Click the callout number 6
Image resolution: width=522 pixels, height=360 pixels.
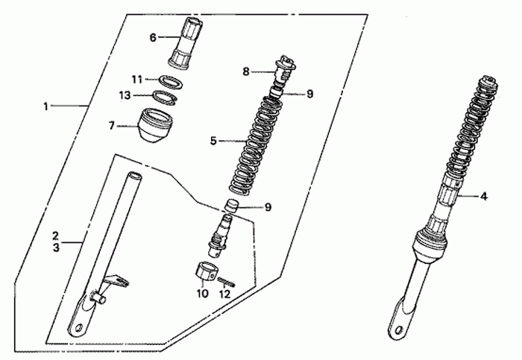tap(152, 37)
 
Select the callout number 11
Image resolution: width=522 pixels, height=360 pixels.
tap(136, 80)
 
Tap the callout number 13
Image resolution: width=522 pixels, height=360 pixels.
tap(125, 96)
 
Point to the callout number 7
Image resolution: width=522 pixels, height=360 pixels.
tap(112, 126)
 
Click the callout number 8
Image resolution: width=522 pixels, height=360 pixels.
tap(246, 72)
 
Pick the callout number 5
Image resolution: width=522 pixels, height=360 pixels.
tap(213, 141)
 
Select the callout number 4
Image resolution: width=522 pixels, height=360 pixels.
tap(484, 196)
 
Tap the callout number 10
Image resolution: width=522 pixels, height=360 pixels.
tap(202, 294)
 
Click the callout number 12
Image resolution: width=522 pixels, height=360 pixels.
tap(225, 294)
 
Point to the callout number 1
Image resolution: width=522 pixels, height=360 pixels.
tap(46, 107)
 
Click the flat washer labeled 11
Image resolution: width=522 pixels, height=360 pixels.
tap(171, 82)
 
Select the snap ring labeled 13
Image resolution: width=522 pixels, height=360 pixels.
tap(165, 98)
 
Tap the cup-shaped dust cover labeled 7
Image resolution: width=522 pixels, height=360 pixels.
tap(155, 125)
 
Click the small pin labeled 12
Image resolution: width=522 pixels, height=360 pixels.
tap(227, 282)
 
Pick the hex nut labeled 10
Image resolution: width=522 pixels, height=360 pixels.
tap(206, 271)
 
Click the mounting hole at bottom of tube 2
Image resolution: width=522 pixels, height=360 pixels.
tap(79, 328)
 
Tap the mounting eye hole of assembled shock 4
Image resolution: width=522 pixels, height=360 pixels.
tap(398, 329)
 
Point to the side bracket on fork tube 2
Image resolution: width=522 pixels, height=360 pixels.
tap(114, 283)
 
